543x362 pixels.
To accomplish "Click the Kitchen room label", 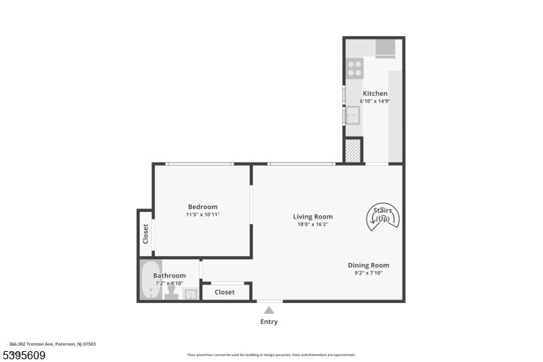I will pyautogui.click(x=375, y=94).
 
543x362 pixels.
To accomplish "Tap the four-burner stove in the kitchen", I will pyautogui.click(x=354, y=67).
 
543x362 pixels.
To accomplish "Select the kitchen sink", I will pyautogui.click(x=352, y=116).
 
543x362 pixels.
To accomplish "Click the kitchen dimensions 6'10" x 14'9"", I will pyautogui.click(x=375, y=101).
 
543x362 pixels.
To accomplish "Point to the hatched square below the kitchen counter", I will pyautogui.click(x=352, y=151).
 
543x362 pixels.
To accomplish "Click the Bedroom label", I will pyautogui.click(x=202, y=207).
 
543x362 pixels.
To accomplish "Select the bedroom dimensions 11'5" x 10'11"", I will pyautogui.click(x=202, y=215).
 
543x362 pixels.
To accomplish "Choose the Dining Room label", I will pyautogui.click(x=369, y=266).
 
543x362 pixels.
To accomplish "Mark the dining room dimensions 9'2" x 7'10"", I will pyautogui.click(x=369, y=273).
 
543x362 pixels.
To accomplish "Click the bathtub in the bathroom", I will pyautogui.click(x=151, y=280).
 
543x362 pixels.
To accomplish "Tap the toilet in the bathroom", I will pyautogui.click(x=171, y=293).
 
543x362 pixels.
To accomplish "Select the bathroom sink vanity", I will pyautogui.click(x=191, y=294).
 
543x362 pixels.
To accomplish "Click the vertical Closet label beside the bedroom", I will pyautogui.click(x=145, y=234).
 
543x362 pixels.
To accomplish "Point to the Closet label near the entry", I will pyautogui.click(x=225, y=292).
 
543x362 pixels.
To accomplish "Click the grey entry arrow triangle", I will pyautogui.click(x=269, y=310).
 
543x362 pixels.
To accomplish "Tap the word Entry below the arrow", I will pyautogui.click(x=269, y=322).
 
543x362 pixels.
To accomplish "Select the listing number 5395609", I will pyautogui.click(x=25, y=355).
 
